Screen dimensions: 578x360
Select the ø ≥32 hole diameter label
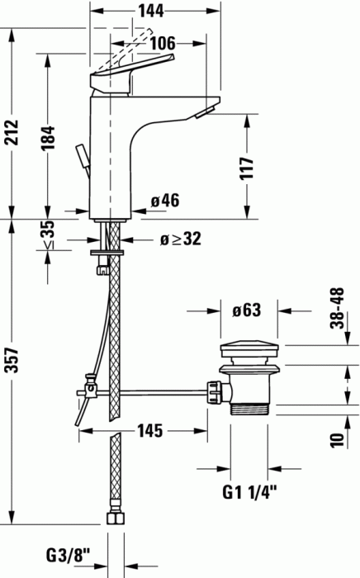pos(179,239)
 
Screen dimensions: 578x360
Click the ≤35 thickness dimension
pos(49,235)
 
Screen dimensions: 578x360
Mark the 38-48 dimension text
pos(336,308)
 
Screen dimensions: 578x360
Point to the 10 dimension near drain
pos(337,439)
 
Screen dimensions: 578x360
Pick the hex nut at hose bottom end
pos(115,519)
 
